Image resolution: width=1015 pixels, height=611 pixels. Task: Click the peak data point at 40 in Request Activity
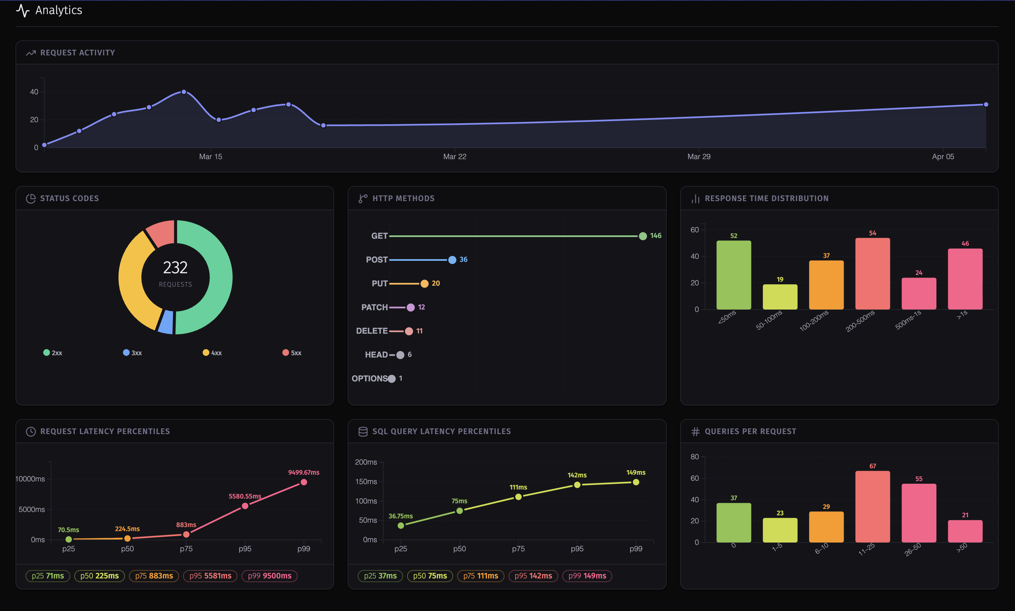click(184, 92)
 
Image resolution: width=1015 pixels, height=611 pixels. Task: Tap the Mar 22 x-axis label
click(454, 156)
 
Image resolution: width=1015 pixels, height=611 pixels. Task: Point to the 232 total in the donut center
click(175, 268)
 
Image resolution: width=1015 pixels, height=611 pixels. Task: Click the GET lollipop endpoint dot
click(642, 236)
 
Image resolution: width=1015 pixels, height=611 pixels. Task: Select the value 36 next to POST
click(463, 260)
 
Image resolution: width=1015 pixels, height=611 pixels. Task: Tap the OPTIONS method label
click(369, 378)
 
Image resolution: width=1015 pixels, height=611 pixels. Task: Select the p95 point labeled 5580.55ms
click(245, 506)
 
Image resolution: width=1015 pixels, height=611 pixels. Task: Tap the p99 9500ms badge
click(269, 576)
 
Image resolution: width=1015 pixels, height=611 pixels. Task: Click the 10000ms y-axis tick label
click(30, 479)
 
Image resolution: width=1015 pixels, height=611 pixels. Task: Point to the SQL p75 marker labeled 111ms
click(518, 497)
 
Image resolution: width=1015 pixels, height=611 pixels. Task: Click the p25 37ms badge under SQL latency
click(380, 576)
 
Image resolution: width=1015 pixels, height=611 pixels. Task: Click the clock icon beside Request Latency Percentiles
click(31, 431)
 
